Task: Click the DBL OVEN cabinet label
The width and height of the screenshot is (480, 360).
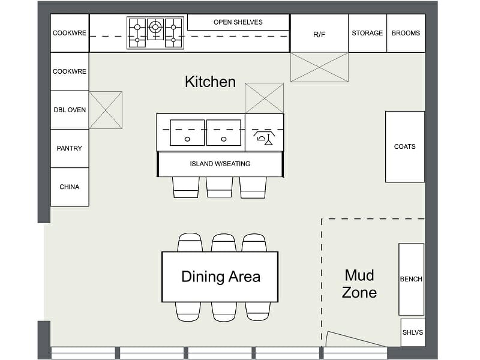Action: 70,110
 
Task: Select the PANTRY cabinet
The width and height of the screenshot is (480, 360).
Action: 70,148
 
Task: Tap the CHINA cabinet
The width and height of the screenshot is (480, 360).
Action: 70,187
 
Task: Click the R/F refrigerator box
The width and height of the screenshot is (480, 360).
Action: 319,34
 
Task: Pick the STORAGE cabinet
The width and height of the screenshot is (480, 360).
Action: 367,33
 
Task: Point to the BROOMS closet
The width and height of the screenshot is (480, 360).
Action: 406,33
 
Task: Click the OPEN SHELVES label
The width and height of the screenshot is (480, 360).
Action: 238,22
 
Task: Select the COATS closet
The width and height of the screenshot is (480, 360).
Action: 405,146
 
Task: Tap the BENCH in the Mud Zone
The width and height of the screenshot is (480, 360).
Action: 411,279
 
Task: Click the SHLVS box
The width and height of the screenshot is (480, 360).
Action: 413,332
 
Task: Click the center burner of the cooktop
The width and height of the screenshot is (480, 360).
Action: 155,26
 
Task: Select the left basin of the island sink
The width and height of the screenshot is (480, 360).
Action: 187,133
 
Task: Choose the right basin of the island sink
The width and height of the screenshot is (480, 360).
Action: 223,133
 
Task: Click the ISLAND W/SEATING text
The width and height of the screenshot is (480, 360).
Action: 220,164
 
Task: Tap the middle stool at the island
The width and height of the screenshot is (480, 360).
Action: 220,187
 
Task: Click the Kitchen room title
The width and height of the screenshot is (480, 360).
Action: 210,82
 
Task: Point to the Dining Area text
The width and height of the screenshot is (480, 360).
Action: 221,277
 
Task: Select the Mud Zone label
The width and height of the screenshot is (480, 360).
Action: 359,284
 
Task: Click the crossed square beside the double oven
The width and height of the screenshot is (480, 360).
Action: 106,110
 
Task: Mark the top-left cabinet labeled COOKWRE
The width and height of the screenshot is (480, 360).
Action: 70,33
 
